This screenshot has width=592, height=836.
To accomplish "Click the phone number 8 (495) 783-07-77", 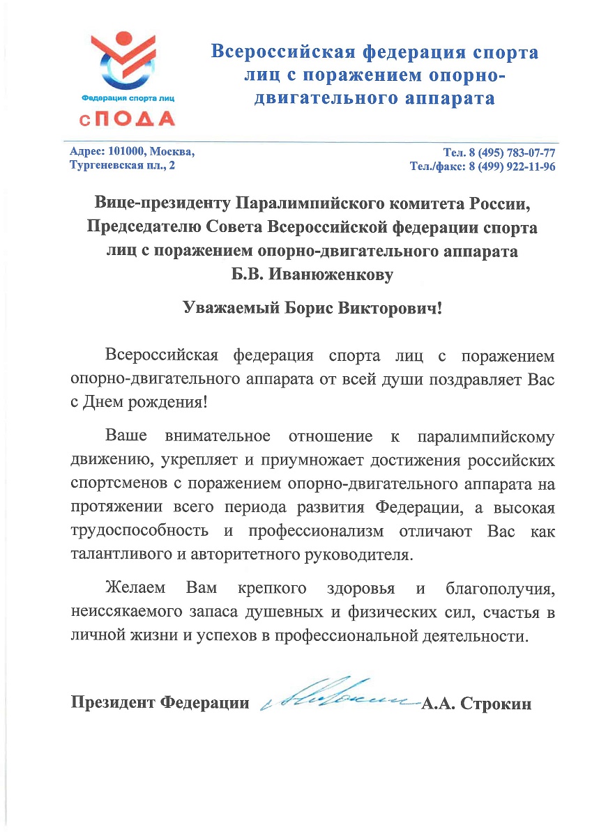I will [x=513, y=153].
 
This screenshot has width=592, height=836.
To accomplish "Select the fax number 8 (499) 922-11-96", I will [x=513, y=167].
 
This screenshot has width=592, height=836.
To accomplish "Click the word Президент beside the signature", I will [x=113, y=703].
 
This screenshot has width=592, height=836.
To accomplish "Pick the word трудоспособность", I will [x=139, y=531].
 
